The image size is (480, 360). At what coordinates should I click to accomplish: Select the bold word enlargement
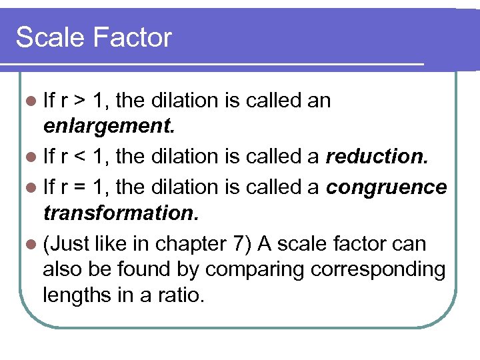tap(108, 127)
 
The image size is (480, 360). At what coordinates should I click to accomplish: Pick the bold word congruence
tap(387, 187)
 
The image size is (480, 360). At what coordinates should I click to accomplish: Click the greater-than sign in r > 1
tap(79, 101)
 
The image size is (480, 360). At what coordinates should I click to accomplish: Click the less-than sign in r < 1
tap(79, 157)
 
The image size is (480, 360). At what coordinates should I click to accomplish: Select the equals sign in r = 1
tap(79, 187)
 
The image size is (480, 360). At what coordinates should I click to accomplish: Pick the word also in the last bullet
tap(61, 269)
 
